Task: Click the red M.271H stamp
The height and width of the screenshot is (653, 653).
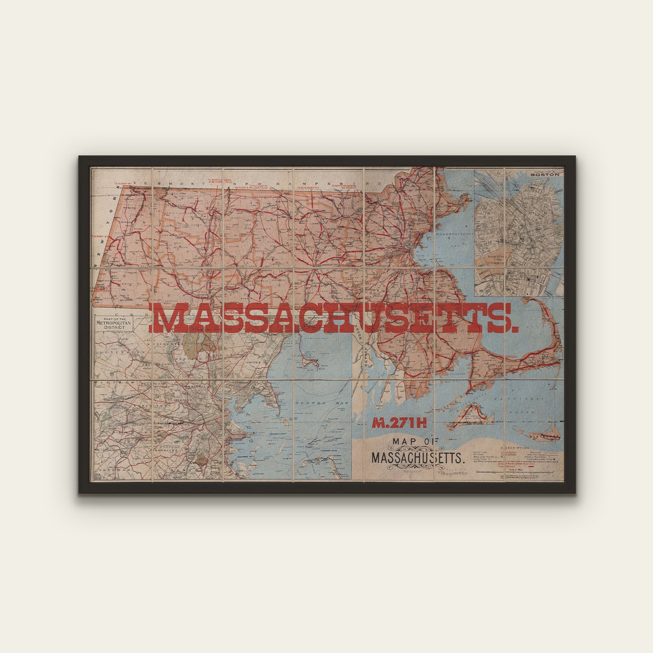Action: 399,423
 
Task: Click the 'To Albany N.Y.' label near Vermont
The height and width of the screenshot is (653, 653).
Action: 122,184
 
